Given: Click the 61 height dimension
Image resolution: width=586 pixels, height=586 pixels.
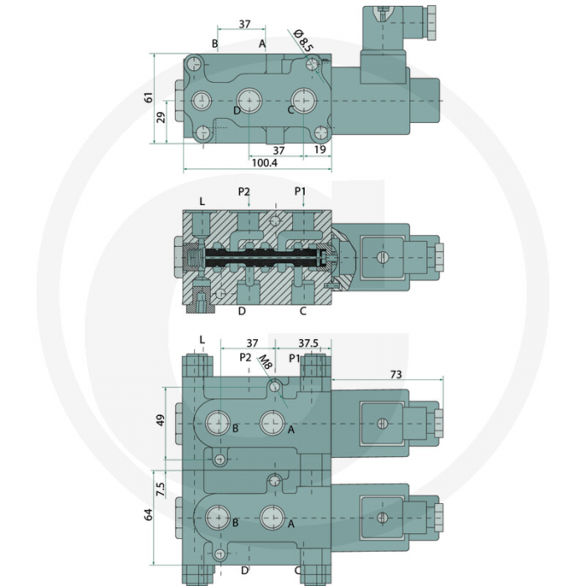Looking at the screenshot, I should [149, 99].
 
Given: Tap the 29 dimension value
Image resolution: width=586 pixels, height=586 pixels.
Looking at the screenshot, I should [162, 116].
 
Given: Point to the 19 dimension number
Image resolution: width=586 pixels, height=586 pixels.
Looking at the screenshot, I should [320, 150].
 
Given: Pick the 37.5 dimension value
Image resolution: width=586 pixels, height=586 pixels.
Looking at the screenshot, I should [309, 343].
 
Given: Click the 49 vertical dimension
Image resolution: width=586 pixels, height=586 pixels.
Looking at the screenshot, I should [160, 419].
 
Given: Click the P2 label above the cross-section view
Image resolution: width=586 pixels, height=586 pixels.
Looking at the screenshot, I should [244, 192].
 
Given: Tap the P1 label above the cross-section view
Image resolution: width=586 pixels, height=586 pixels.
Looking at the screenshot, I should [301, 192].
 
